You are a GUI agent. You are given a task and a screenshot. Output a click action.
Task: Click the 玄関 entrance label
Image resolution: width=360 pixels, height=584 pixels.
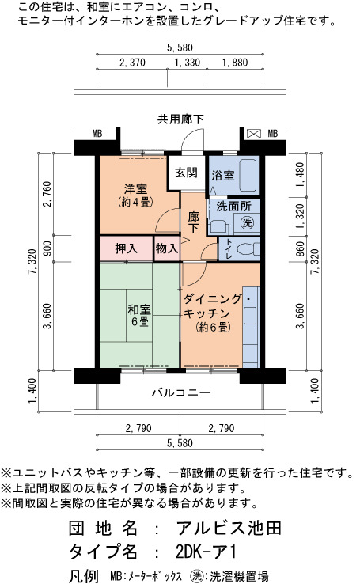click(186, 173)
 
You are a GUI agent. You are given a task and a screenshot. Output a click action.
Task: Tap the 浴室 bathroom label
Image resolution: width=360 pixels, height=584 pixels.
click(223, 175)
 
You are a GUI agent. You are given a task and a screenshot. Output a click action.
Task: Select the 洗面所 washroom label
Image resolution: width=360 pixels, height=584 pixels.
click(233, 207)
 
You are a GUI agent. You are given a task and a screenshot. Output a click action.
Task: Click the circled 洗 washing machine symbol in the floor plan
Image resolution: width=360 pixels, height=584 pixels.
click(247, 222)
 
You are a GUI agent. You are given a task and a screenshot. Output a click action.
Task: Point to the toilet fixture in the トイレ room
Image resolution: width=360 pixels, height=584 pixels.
click(248, 248)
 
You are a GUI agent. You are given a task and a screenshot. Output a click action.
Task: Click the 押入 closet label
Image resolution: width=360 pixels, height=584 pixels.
click(127, 248)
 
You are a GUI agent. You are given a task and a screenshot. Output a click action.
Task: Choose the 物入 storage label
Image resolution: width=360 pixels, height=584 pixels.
click(166, 248)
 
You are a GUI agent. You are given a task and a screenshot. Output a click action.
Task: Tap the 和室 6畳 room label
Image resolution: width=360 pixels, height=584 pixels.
click(139, 315)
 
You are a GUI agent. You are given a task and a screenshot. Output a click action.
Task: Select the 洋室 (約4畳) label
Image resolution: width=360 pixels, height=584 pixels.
click(135, 195)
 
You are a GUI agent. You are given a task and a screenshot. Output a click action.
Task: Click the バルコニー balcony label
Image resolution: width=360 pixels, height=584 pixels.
click(181, 392)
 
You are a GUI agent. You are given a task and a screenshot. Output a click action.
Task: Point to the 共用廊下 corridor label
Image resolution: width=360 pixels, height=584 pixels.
click(180, 119)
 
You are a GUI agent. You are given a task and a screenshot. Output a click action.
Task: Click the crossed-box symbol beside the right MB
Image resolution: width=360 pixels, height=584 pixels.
click(254, 133)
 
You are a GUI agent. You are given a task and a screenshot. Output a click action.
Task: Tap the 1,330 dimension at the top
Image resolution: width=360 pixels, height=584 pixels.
click(188, 63)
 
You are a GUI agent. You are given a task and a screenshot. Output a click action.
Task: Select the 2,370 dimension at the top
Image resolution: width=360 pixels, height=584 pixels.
click(132, 63)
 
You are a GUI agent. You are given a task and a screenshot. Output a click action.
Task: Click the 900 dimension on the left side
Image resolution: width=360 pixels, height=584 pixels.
click(47, 248)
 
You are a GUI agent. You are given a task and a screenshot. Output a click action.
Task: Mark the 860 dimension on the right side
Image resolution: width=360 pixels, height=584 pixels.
click(300, 248)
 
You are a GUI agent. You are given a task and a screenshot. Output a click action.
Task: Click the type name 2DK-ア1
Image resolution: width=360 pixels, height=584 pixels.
click(206, 552)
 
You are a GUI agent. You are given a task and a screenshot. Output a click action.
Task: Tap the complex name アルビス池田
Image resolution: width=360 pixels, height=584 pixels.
click(228, 528)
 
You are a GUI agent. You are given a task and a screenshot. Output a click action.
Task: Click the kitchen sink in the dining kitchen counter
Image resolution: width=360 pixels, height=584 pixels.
click(250, 316)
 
